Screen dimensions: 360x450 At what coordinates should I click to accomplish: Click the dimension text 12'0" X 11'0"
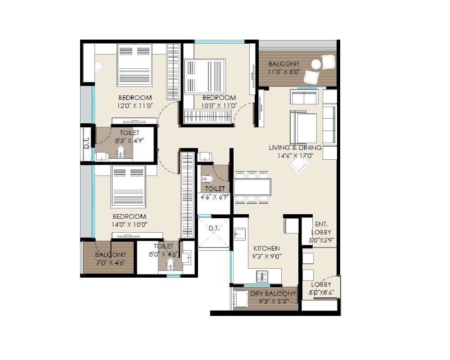[x=135, y=106]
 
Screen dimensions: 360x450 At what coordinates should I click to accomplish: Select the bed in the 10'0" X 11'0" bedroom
[x=205, y=76]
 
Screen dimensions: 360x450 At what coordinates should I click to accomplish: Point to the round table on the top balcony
[x=316, y=64]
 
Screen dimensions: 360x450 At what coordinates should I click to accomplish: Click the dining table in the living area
[x=252, y=187]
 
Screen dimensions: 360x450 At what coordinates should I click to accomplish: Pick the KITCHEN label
[x=266, y=248]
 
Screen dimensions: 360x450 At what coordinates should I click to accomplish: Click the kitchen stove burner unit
[x=262, y=276]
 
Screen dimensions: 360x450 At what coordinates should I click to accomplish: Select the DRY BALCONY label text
[x=273, y=293]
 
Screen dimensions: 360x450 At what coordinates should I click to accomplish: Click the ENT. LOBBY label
[x=321, y=228]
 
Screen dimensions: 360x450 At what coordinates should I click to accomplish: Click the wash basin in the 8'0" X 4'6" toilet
[x=186, y=258]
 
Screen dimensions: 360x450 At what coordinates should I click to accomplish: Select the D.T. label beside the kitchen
[x=214, y=229]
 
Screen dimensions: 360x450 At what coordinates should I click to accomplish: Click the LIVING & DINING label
[x=295, y=148]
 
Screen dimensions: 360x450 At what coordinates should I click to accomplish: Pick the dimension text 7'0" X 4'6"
[x=110, y=263]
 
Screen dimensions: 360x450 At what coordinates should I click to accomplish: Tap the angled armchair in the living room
[x=299, y=165]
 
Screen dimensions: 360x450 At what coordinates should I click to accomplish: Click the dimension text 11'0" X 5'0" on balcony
[x=283, y=72]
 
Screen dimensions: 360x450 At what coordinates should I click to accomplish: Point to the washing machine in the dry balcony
[x=242, y=298]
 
